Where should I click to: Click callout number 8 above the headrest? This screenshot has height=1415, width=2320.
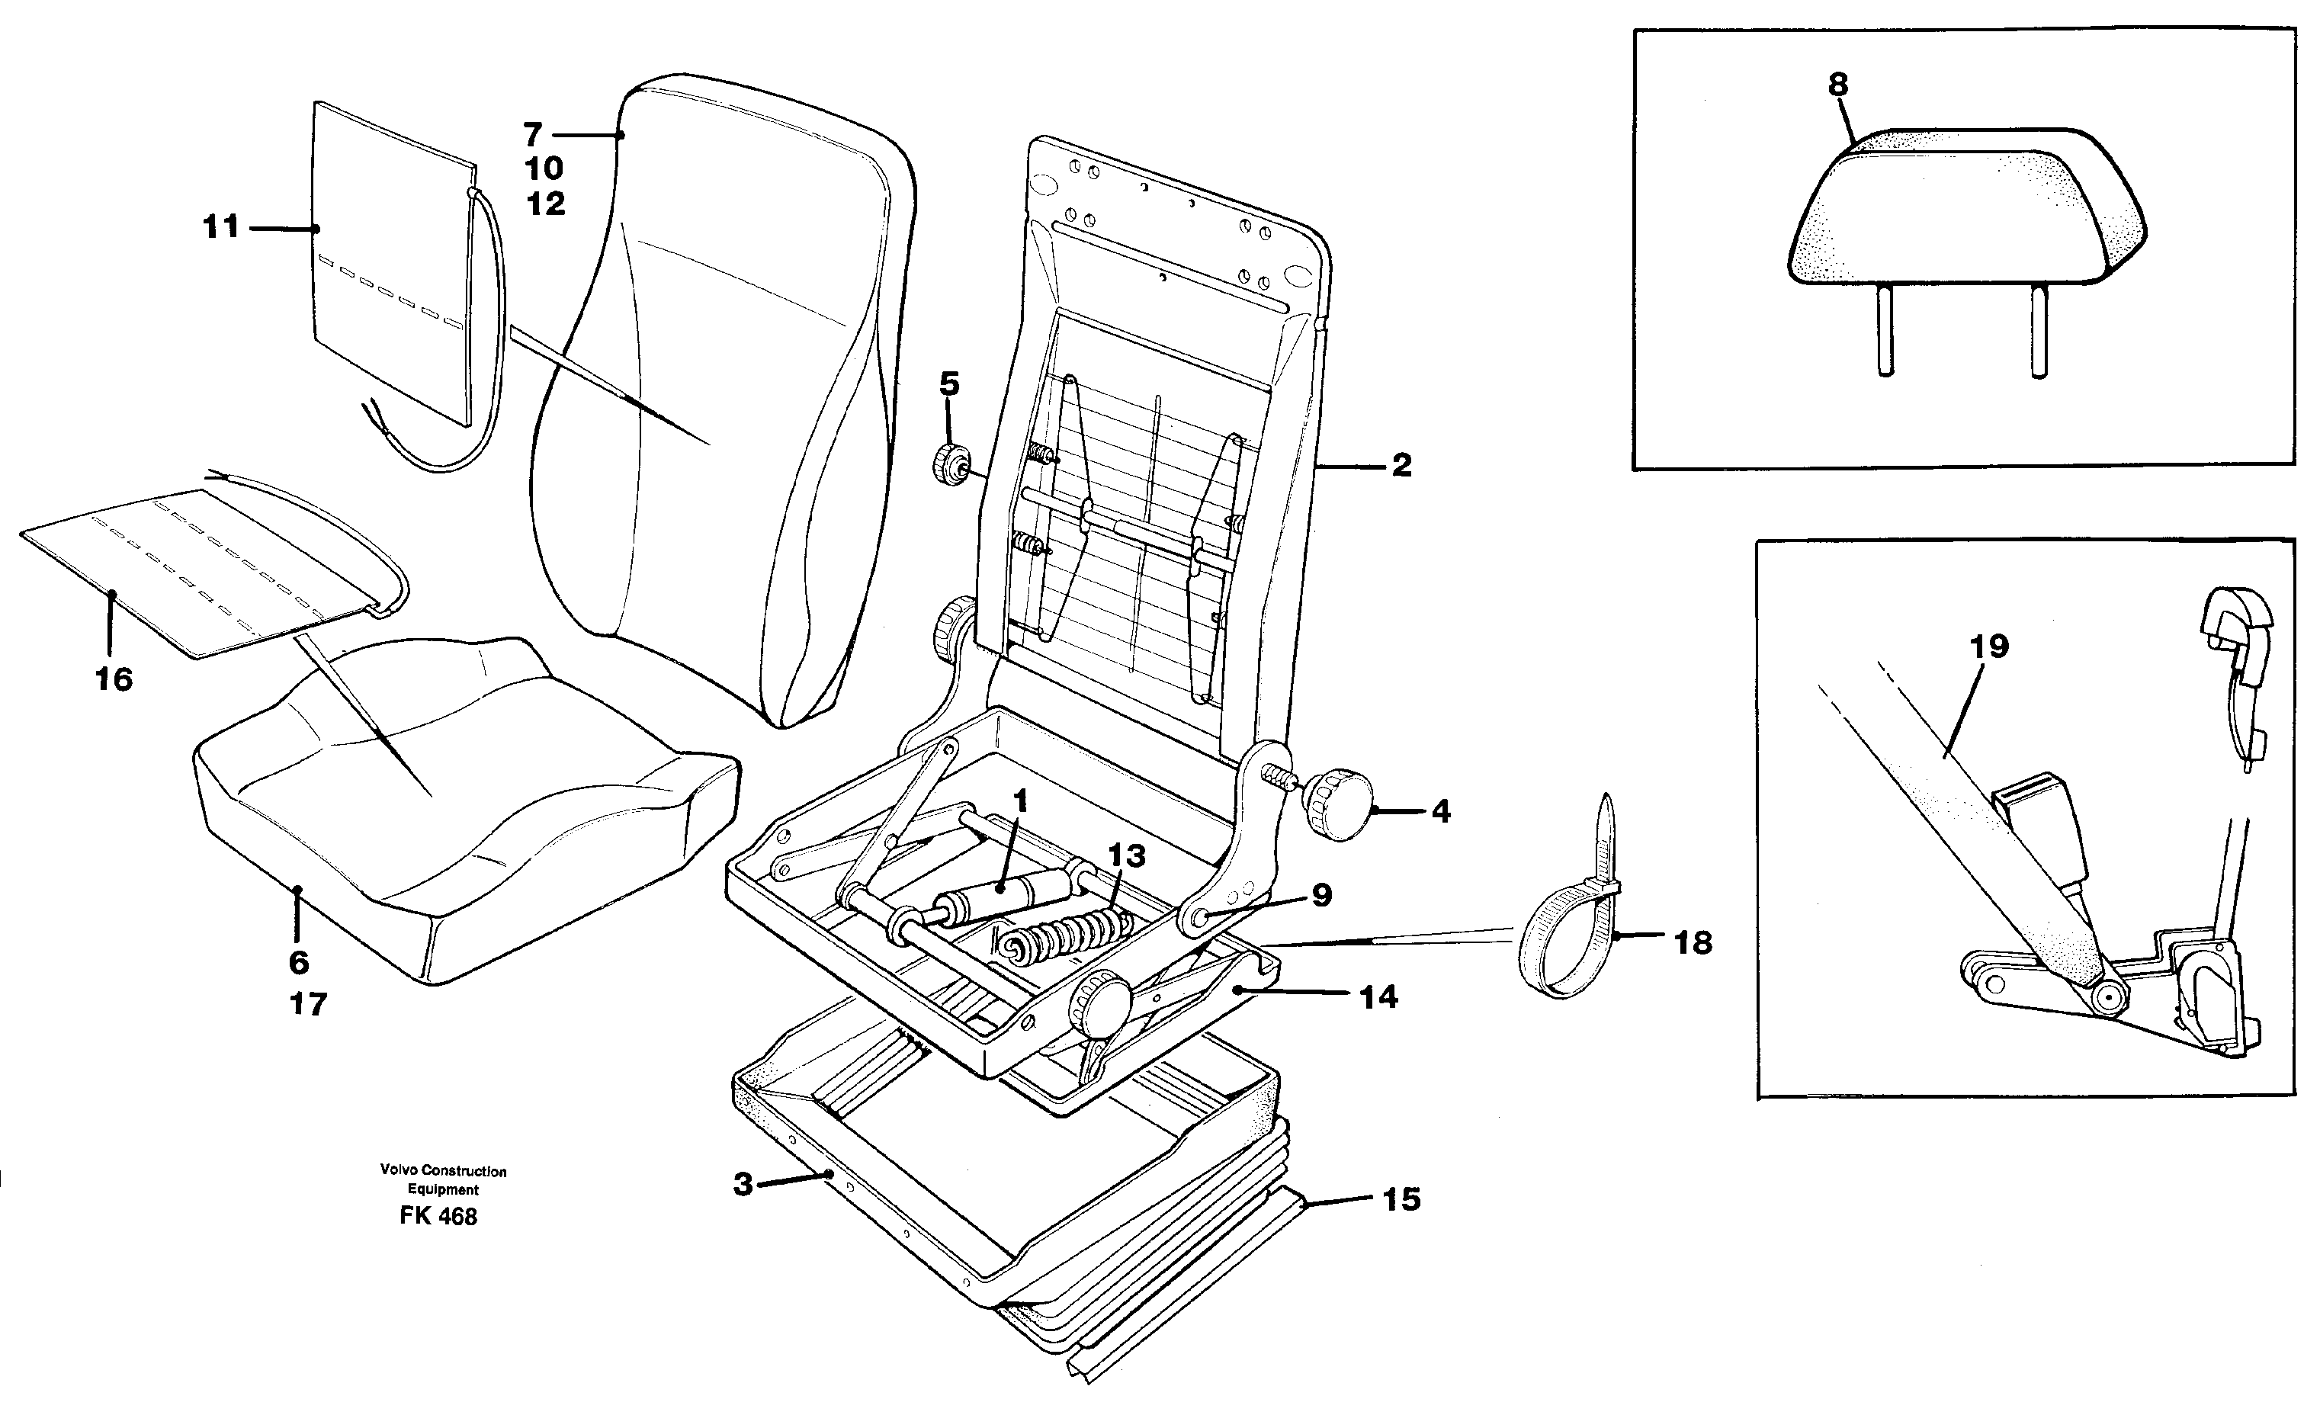coord(1838,85)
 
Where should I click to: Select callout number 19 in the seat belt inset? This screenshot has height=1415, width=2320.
coord(1988,647)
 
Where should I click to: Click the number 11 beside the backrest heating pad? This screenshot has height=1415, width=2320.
coord(221,227)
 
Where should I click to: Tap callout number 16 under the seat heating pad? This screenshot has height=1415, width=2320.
coord(114,679)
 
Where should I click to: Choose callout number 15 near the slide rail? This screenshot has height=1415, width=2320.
coord(1401,1199)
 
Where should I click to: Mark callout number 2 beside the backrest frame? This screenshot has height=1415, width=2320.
coord(1401,465)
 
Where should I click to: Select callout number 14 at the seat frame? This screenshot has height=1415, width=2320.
coord(1378,997)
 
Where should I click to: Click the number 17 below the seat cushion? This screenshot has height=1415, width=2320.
coord(308,1005)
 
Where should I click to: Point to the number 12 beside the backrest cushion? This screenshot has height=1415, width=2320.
coord(546,204)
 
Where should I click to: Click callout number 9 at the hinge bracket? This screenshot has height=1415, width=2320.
coord(1321,895)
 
